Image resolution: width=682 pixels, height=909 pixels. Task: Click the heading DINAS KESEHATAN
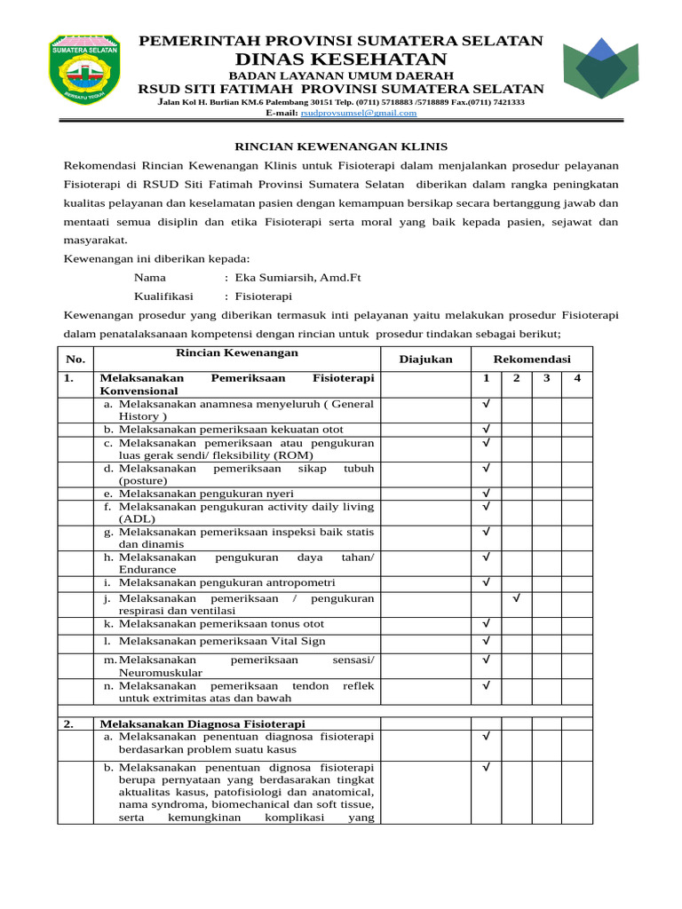[340, 59]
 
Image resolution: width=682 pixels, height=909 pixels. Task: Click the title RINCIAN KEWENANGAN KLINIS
[340, 146]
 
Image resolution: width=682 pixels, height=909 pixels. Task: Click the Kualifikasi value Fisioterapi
[263, 296]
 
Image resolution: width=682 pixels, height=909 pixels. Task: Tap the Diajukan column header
[425, 359]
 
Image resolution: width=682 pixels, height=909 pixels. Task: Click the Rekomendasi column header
[531, 359]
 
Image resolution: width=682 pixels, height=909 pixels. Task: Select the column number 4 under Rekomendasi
[576, 379]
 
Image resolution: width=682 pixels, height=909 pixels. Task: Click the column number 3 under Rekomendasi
[546, 379]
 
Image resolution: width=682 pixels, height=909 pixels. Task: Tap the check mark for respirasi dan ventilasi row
[516, 600]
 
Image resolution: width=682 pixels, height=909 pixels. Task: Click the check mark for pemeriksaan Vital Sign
[486, 641]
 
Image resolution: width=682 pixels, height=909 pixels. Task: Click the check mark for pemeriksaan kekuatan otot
[486, 430]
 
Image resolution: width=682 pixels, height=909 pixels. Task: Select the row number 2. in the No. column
[69, 724]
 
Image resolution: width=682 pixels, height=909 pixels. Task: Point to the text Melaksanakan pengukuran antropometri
[227, 582]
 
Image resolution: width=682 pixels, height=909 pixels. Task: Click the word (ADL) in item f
[137, 519]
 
